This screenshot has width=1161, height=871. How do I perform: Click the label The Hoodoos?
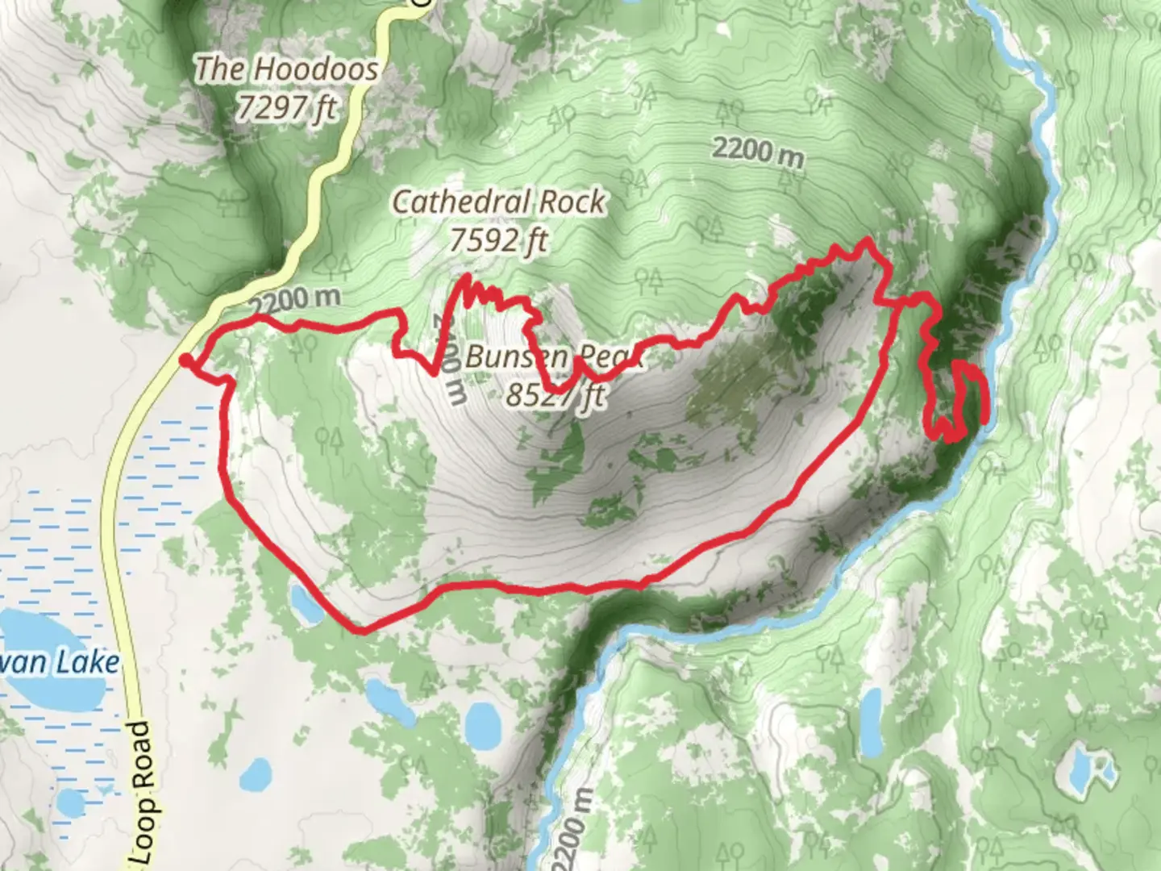(x=286, y=69)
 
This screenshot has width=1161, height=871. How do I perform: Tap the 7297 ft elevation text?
(x=286, y=106)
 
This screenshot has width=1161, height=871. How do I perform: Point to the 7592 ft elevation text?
(x=499, y=240)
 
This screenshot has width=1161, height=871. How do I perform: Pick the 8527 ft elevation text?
(x=556, y=394)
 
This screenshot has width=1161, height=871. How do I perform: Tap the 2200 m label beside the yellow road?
(x=294, y=302)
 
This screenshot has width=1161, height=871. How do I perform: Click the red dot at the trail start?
(x=185, y=360)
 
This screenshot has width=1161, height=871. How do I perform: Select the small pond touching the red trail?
(x=306, y=605)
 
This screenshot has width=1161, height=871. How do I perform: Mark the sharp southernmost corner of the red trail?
(x=363, y=631)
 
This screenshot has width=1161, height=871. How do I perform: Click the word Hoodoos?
(x=326, y=69)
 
